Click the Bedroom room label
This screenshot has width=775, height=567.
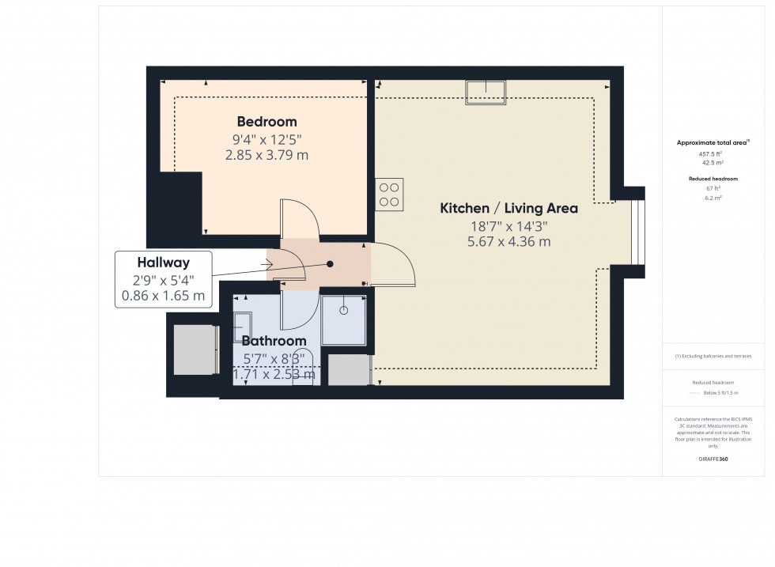click(267, 122)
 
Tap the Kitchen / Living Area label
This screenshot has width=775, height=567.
click(508, 209)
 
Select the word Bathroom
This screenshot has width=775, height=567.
click(274, 341)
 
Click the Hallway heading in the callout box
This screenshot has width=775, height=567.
click(164, 263)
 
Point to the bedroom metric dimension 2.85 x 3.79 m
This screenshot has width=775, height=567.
click(267, 155)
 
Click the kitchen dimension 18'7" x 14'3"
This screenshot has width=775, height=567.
click(508, 226)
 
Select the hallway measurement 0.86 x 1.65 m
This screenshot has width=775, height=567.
click(164, 296)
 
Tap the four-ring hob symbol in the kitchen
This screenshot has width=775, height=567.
click(388, 195)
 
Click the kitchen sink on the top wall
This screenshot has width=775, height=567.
click(486, 92)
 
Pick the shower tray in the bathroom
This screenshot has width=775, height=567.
click(343, 319)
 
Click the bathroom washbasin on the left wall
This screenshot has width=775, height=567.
click(242, 326)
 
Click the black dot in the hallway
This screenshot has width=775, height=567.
click(331, 264)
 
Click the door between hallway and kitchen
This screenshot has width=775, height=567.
click(394, 265)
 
